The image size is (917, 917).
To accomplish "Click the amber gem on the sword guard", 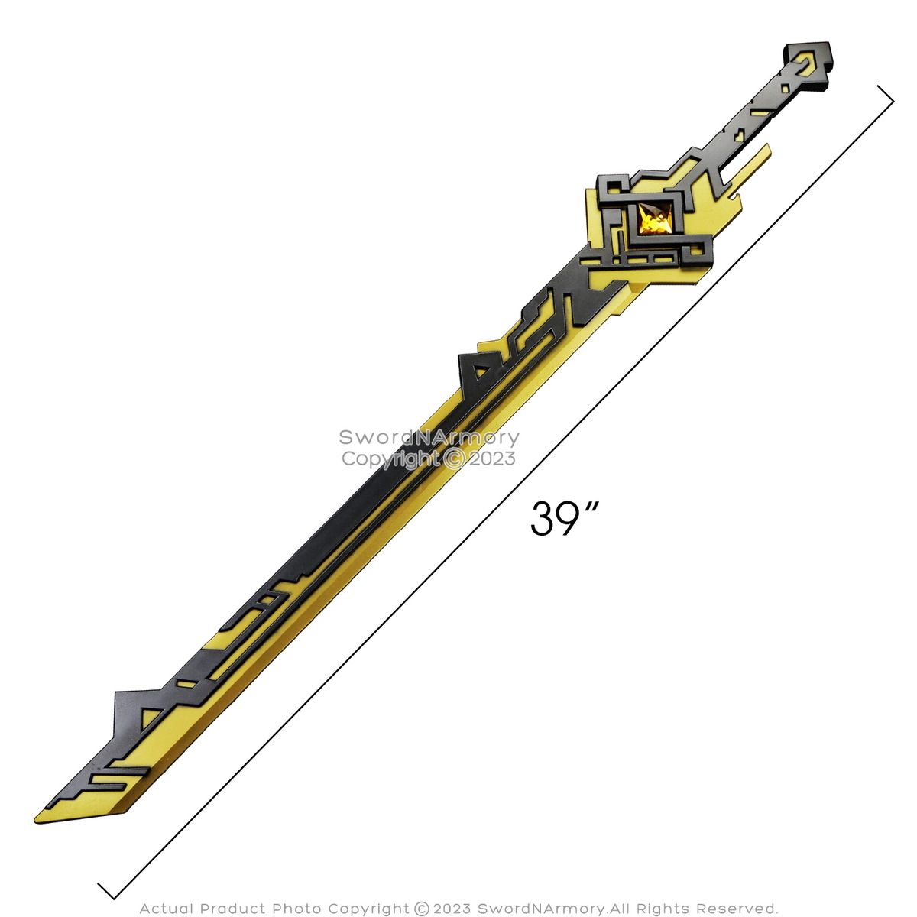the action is [x=655, y=219].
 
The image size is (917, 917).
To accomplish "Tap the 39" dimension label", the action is [x=563, y=518].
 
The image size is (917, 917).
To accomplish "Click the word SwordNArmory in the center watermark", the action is [x=429, y=437].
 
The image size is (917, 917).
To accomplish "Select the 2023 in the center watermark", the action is [x=492, y=458].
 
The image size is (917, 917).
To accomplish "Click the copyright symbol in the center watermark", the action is [x=455, y=459].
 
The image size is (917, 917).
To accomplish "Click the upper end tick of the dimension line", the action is [x=885, y=94].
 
